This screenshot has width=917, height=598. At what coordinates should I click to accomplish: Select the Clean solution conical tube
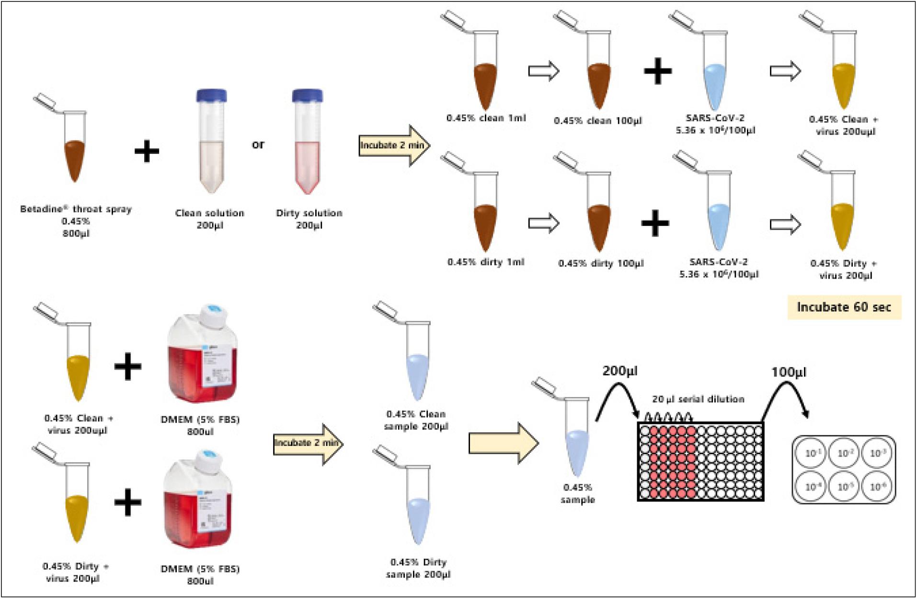pos(211,144)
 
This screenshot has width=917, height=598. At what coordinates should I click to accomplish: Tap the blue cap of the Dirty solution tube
pos(307,95)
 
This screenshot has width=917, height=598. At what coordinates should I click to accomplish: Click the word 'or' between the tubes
pos(258,144)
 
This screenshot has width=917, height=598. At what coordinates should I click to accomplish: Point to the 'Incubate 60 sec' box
pos(844,307)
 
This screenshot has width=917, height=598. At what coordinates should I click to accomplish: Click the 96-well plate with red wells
pos(700,461)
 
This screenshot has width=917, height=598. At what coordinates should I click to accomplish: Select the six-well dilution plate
pos(844,469)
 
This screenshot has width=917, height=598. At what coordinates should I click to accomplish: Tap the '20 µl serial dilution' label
pos(698,399)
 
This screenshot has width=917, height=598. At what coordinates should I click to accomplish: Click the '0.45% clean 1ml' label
pos(486,118)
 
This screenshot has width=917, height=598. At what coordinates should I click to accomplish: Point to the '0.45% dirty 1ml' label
pos(486,262)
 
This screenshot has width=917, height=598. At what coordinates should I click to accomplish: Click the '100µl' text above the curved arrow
pos(789,372)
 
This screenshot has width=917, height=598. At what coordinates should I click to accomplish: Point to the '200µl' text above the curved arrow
pos(620,371)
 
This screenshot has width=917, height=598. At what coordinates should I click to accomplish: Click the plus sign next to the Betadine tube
pos(147,152)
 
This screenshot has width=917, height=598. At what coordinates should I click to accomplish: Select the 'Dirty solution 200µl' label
pos(309,219)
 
